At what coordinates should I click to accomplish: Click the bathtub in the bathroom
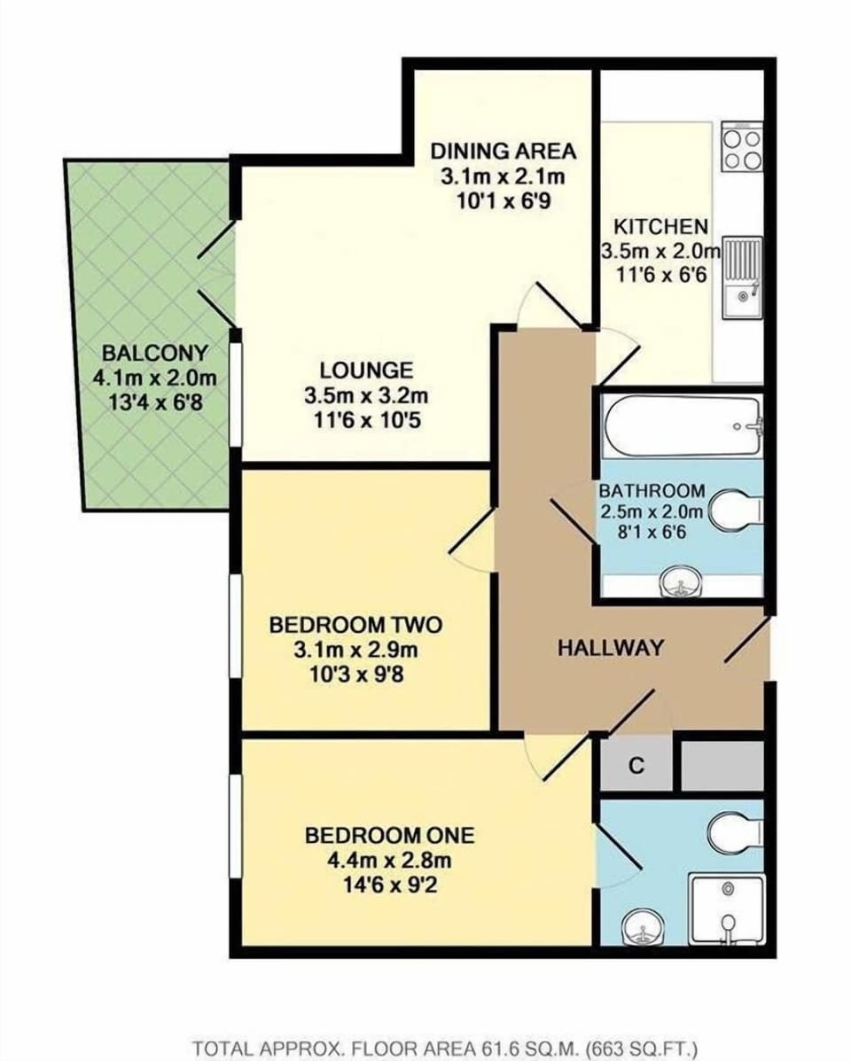point(682,425)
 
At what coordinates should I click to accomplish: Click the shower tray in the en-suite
point(726,911)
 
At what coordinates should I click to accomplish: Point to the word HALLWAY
point(610,648)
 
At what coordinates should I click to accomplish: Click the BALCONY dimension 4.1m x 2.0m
point(154,378)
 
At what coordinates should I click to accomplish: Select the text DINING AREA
point(503,151)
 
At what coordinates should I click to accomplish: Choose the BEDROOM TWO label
point(355,626)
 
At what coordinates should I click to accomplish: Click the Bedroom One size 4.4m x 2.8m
point(389,860)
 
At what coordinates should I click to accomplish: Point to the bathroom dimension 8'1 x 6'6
point(652,534)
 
